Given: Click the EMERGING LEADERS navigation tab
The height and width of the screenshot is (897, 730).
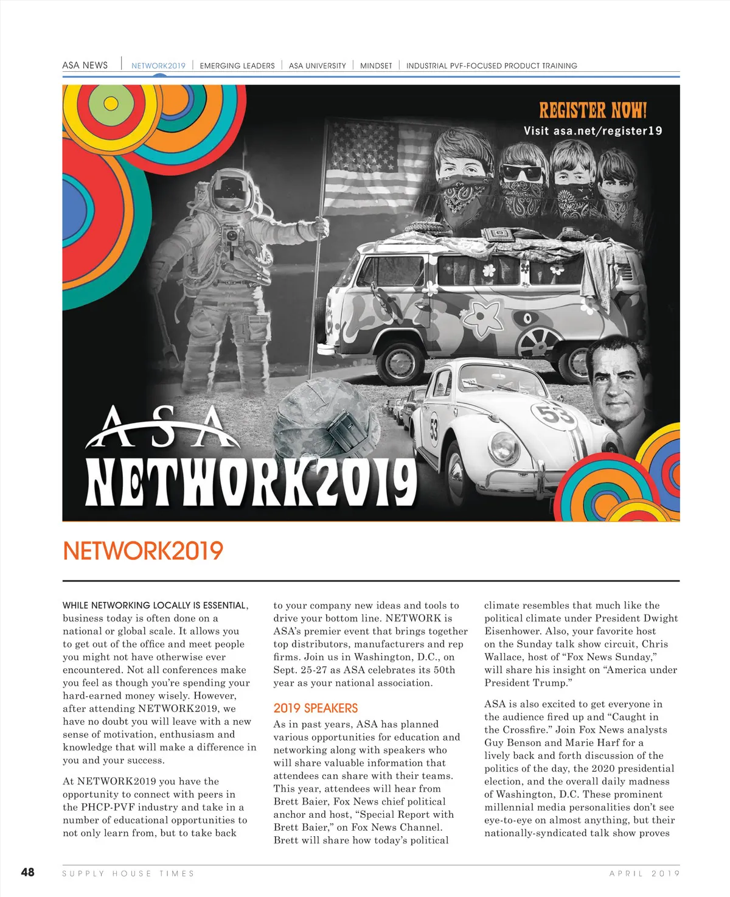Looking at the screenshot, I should point(237,66).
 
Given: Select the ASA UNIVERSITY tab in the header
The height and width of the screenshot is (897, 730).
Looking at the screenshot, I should point(317,66).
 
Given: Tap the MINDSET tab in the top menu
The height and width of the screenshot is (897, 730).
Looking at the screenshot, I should point(376,66).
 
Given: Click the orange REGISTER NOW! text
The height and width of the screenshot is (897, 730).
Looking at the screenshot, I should point(593,110).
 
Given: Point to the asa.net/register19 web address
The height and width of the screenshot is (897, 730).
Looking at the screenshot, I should point(607,131).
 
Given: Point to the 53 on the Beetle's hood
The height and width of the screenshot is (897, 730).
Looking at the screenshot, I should point(555,415).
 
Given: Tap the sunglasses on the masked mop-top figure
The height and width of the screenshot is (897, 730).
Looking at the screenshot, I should point(521,173).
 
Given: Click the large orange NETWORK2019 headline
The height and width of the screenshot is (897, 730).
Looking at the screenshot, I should point(143,551).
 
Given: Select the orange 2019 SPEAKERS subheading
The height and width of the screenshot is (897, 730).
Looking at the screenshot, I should point(315,708).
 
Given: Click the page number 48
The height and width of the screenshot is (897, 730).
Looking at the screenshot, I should point(28,872).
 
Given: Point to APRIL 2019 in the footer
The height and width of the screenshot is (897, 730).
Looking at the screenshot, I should point(644,873).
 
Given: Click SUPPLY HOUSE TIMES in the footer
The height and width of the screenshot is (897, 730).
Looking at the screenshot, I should point(128,873).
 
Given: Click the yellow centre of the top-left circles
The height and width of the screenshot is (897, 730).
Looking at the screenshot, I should point(111,103).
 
